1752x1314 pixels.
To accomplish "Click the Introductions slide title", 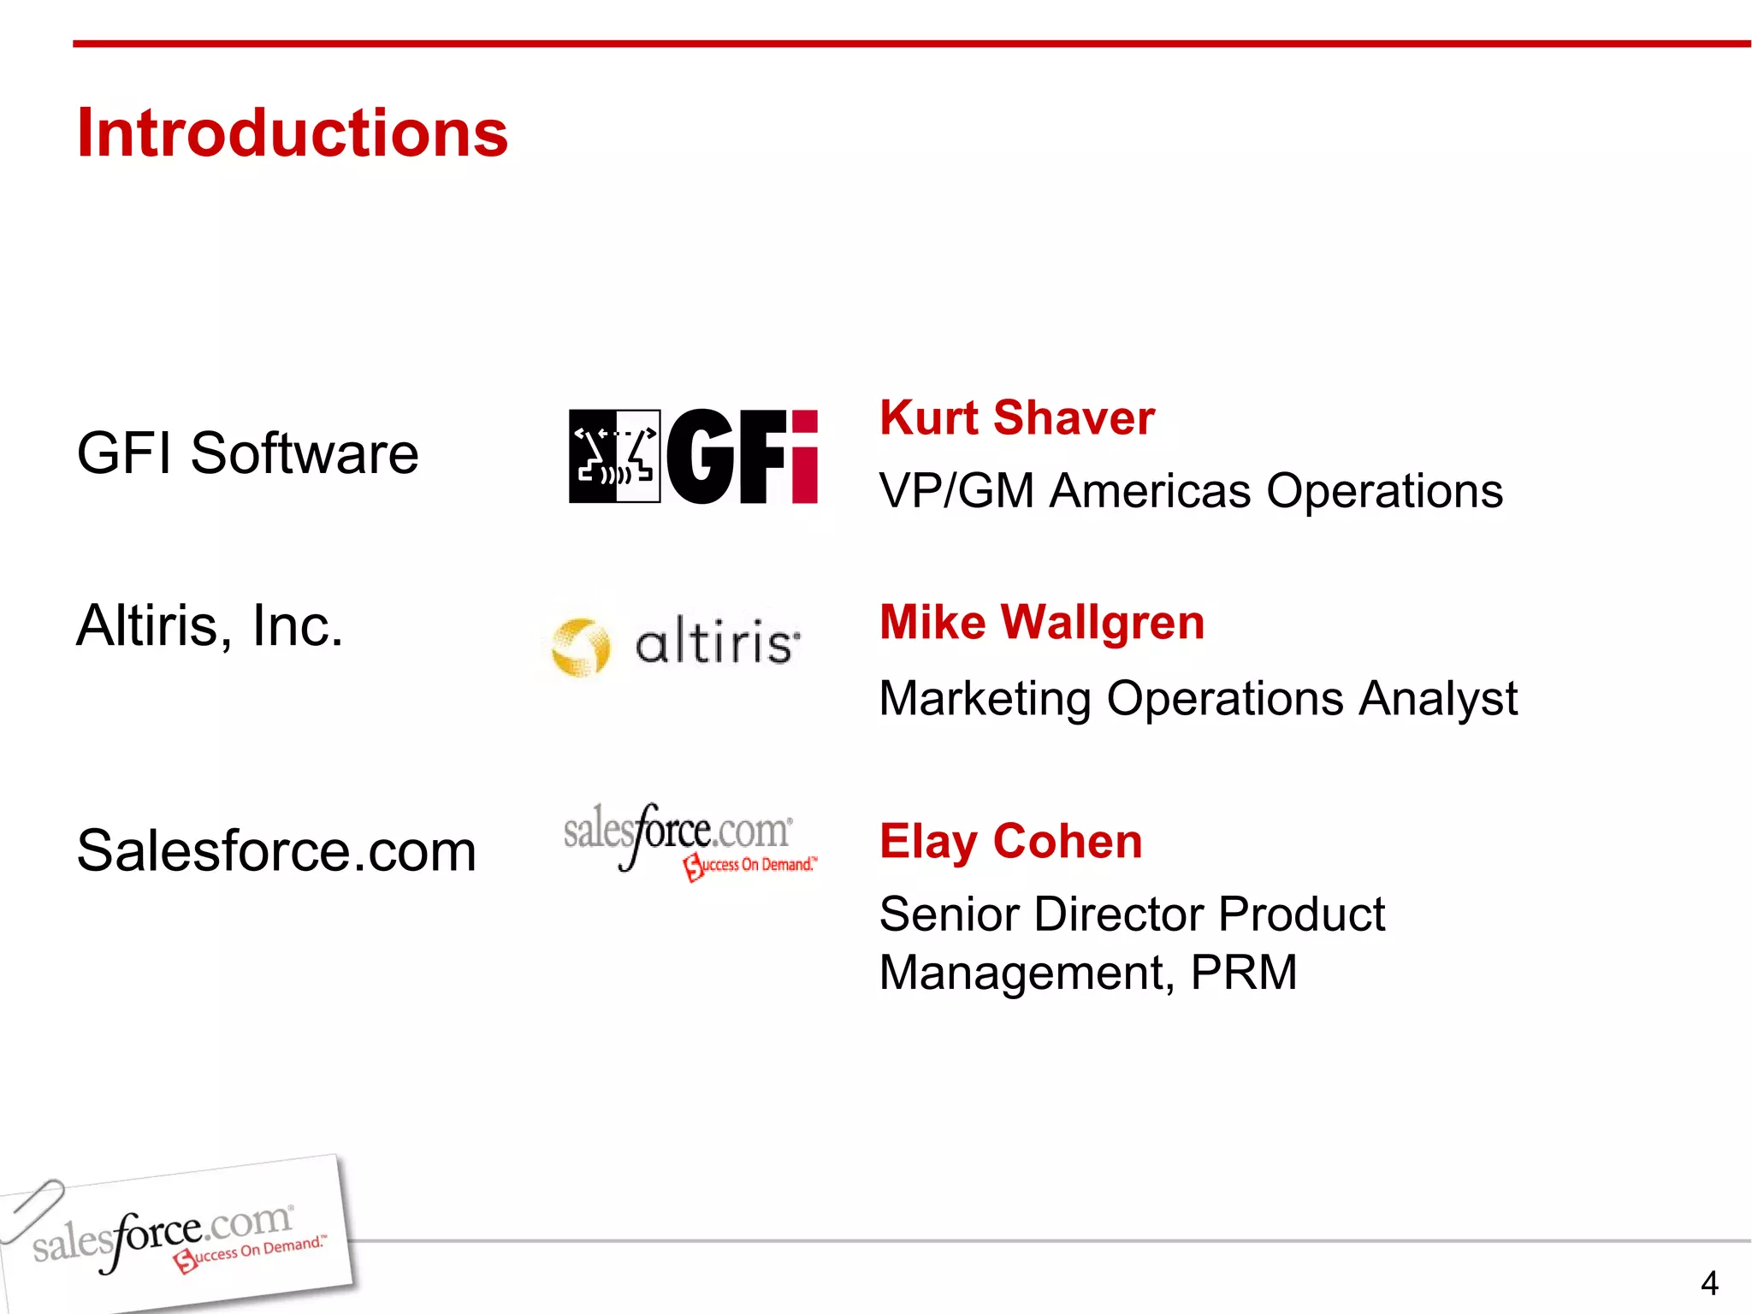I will point(292,133).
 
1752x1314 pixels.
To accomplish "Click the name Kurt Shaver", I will point(1016,418).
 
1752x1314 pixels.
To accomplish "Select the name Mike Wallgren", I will point(1041,622).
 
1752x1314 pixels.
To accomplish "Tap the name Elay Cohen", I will point(1010,841).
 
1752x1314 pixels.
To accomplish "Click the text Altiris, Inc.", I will point(210,625).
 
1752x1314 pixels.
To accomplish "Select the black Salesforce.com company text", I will point(275,850).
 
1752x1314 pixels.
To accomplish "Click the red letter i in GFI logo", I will point(804,457).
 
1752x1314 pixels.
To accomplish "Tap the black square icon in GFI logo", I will point(614,456).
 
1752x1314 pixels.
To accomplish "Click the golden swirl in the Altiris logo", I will point(580,647).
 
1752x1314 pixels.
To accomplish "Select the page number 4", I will point(1708,1283).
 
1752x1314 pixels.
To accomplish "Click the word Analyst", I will point(1438,698).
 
